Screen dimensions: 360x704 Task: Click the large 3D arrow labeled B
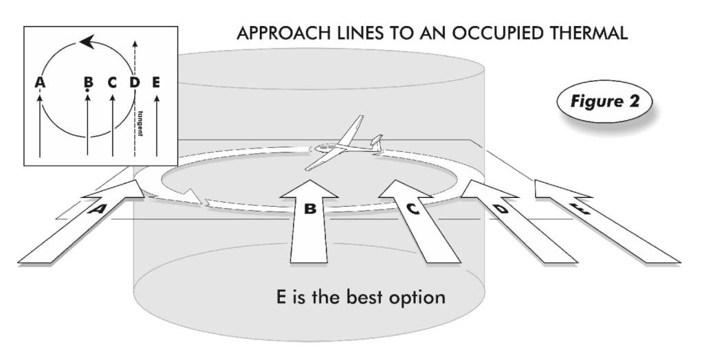310,220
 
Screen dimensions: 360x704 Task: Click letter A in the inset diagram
38,83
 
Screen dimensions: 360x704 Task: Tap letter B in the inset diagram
88,83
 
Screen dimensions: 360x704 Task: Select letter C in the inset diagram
112,83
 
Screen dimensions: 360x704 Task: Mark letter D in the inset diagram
135,83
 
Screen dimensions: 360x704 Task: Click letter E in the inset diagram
157,83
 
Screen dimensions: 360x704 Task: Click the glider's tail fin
375,142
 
